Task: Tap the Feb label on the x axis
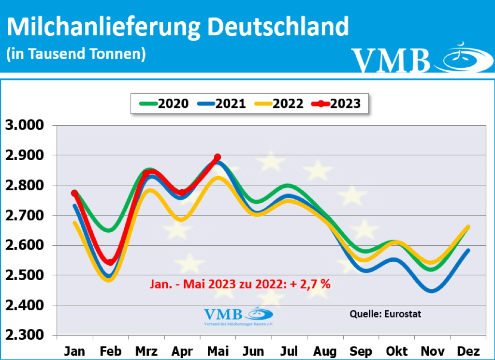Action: (111, 350)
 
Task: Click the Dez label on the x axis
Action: (467, 350)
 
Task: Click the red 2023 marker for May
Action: (218, 157)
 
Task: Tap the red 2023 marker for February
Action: (110, 262)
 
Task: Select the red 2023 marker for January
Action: (74, 193)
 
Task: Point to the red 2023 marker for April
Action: (182, 193)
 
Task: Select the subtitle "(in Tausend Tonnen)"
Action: (76, 54)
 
